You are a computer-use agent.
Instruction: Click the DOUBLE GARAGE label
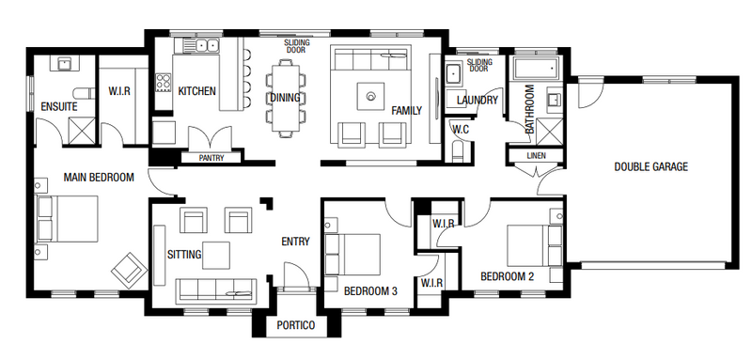pos(650,166)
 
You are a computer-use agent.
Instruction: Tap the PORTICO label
pos(296,325)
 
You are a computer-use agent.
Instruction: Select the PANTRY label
pos(211,158)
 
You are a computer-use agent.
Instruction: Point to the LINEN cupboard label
pos(536,156)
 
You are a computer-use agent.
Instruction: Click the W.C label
pos(461,130)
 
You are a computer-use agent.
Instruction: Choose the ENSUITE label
pos(59,106)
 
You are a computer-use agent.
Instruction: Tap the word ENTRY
pos(295,242)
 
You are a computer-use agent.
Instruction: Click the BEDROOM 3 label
pos(370,291)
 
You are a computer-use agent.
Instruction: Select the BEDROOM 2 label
pos(508,276)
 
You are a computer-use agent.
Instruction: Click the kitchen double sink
pos(207,45)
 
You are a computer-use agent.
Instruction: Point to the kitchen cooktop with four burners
pos(163,82)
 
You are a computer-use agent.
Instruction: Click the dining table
pos(286,98)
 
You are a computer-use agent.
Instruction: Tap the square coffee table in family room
pos(370,97)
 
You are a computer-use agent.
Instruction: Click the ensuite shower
pos(82,130)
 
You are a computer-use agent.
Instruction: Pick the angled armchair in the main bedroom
pos(129,270)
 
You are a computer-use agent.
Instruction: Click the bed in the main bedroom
pos(68,218)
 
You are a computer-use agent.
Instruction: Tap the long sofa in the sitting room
pos(216,290)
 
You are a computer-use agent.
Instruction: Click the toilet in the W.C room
pos(459,152)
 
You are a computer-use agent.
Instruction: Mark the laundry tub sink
pos(454,73)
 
